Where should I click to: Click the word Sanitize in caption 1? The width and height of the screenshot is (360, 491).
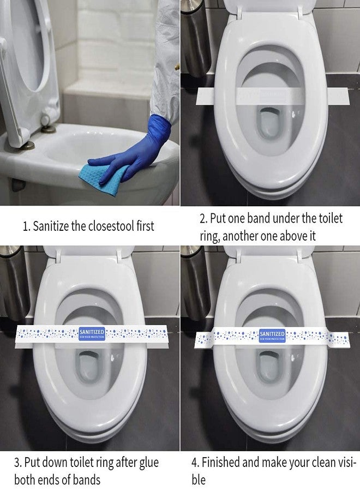51,226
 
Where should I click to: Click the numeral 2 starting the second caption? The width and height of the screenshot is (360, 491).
203,219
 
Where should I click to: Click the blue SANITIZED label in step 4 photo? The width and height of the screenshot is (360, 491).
272,335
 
